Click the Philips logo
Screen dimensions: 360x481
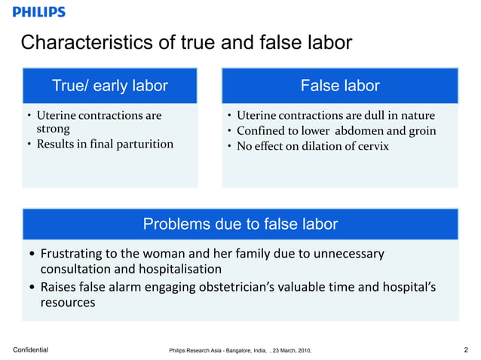coord(39,12)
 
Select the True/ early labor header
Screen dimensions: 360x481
coord(109,86)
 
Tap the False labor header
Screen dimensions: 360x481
coord(339,86)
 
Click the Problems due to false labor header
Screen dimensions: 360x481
coord(240,224)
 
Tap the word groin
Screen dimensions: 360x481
coord(421,130)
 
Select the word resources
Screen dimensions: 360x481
coord(67,303)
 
